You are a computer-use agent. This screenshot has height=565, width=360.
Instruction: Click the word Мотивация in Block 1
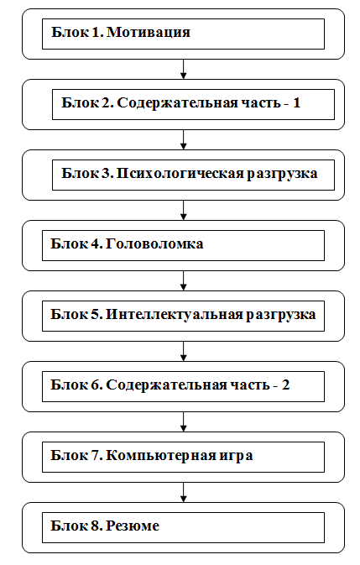click(x=149, y=32)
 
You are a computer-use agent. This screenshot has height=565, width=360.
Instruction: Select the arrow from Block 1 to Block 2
click(x=183, y=69)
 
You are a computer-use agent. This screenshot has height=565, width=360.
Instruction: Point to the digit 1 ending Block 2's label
click(x=296, y=102)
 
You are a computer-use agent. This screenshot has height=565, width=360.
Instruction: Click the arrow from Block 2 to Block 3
click(x=183, y=140)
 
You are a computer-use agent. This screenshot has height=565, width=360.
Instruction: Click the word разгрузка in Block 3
click(x=282, y=174)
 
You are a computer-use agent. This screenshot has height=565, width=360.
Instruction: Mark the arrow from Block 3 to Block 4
click(x=183, y=211)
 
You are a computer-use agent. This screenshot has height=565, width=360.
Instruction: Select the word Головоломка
click(x=154, y=244)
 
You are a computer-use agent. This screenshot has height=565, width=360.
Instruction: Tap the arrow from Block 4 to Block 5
click(x=183, y=280)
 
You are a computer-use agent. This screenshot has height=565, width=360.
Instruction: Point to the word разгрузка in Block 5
click(x=281, y=316)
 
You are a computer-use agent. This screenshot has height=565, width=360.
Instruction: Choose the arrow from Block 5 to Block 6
click(x=183, y=351)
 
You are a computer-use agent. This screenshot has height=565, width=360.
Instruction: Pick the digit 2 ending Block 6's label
click(x=286, y=385)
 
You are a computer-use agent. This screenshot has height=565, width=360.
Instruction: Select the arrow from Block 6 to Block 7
click(x=183, y=422)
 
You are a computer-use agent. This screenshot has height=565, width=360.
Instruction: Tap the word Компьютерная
click(x=161, y=456)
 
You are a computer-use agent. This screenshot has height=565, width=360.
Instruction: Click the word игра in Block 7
click(x=236, y=457)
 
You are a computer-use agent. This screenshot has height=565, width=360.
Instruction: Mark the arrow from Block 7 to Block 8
click(x=183, y=493)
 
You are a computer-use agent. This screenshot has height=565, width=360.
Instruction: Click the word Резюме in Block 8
click(x=133, y=526)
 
